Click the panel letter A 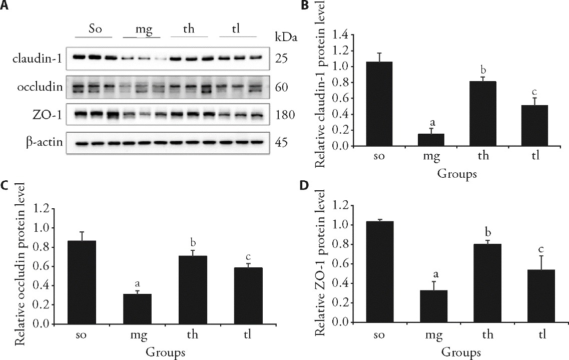5,6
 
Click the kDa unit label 284,37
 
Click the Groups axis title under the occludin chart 166,351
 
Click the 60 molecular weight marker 281,87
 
